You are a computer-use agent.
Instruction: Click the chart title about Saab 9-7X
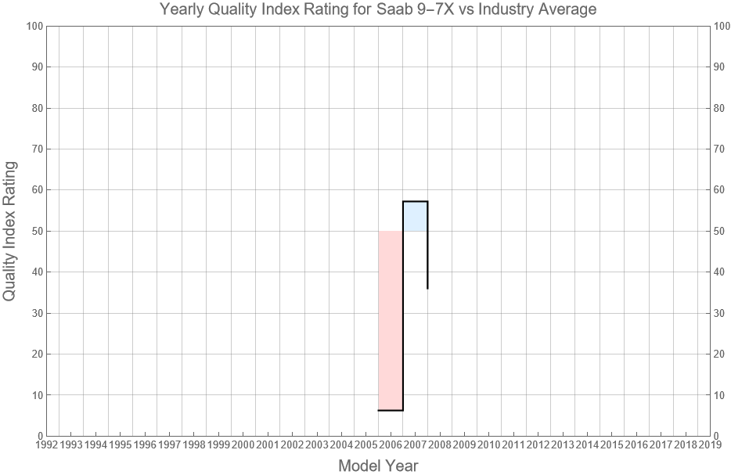click(x=378, y=10)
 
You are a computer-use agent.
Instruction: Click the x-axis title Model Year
click(x=378, y=466)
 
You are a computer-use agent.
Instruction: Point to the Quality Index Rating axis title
click(x=10, y=231)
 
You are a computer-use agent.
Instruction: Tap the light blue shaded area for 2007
click(x=415, y=217)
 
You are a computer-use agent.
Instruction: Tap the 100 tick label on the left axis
click(x=34, y=26)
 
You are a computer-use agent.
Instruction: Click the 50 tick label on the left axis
click(x=36, y=231)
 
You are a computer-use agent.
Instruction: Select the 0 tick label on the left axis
click(x=39, y=436)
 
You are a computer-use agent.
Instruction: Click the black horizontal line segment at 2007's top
click(x=415, y=201)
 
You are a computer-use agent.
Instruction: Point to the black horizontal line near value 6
click(x=390, y=410)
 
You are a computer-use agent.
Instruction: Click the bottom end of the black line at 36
click(x=427, y=288)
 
